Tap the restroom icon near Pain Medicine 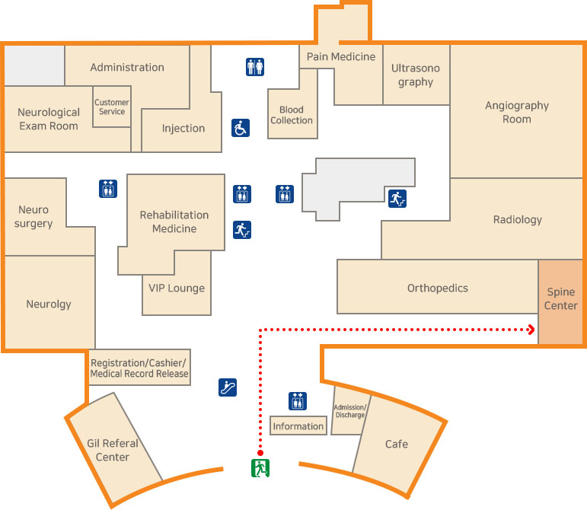255,67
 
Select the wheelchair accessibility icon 241,128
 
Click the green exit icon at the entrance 261,467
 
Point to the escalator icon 227,387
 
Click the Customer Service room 112,107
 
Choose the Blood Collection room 292,115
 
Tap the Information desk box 298,426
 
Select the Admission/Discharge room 349,411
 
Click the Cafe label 396,444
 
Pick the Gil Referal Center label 113,450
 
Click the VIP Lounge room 177,288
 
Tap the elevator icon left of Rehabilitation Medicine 108,189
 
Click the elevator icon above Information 298,400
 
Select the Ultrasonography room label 416,75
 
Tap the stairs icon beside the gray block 397,199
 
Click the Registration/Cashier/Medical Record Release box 139,368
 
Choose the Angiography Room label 516,112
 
